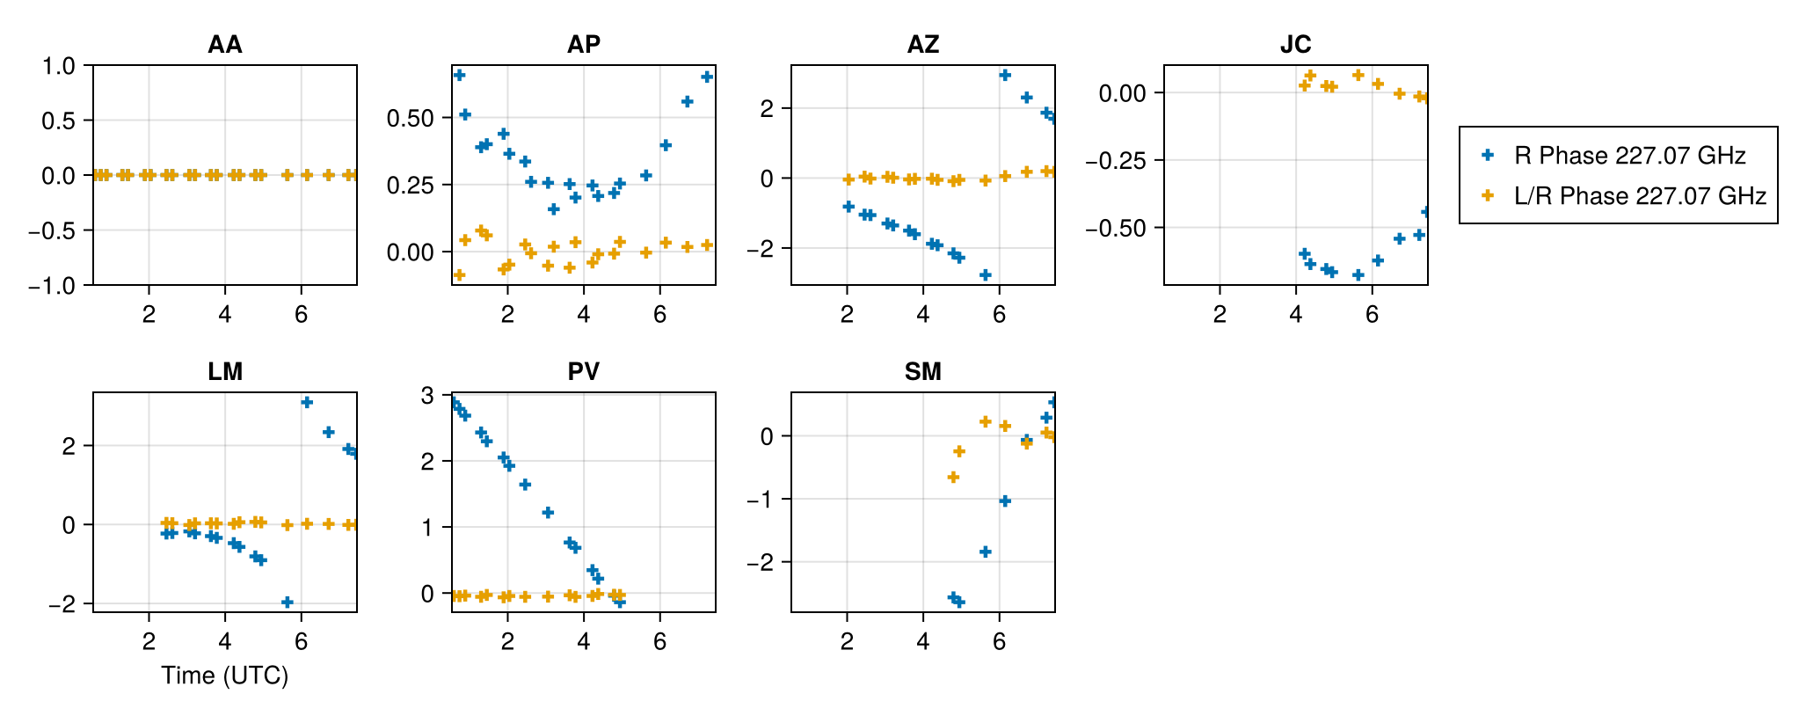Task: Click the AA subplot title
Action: click(x=225, y=45)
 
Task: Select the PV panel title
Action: click(x=584, y=372)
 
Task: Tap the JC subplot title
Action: click(x=1295, y=45)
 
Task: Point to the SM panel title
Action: click(x=922, y=372)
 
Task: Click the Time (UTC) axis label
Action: click(x=225, y=676)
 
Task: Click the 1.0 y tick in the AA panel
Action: click(x=60, y=66)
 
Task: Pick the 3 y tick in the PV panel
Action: click(x=427, y=396)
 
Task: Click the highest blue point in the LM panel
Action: click(x=307, y=402)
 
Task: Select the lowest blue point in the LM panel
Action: click(x=287, y=602)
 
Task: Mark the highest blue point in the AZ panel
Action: click(x=1005, y=75)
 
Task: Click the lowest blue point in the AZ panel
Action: click(x=986, y=275)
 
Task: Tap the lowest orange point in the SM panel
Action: click(x=953, y=478)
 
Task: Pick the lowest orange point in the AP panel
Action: click(x=459, y=275)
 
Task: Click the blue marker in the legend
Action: click(x=1488, y=156)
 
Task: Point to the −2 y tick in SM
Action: click(x=760, y=562)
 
